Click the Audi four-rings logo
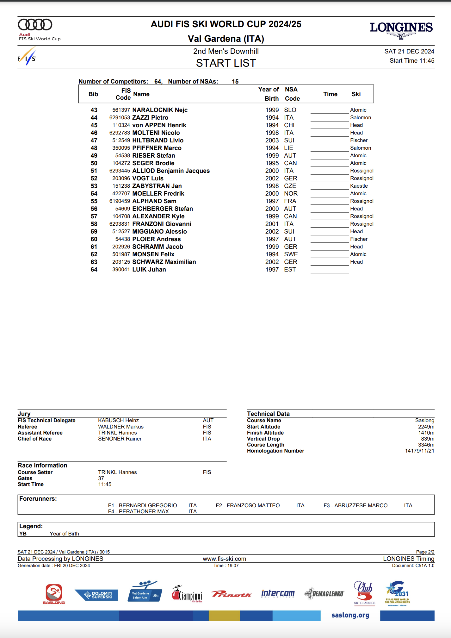pyautogui.click(x=35, y=25)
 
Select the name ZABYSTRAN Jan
pyautogui.click(x=157, y=186)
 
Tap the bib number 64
pyautogui.click(x=94, y=270)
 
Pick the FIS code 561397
pyautogui.click(x=121, y=110)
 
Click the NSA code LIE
pyautogui.click(x=288, y=148)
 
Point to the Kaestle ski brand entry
pyautogui.click(x=359, y=186)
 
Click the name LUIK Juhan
pyautogui.click(x=149, y=270)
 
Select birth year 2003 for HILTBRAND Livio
pyautogui.click(x=272, y=141)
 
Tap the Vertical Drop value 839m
pyautogui.click(x=428, y=439)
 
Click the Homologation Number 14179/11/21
pyautogui.click(x=419, y=451)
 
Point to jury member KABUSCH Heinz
pyautogui.click(x=118, y=421)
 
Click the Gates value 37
pyautogui.click(x=101, y=478)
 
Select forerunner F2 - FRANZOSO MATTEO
pyautogui.click(x=248, y=506)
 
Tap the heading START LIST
pyautogui.click(x=226, y=63)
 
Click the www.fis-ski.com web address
pyautogui.click(x=224, y=559)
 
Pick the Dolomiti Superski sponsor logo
pyautogui.click(x=96, y=595)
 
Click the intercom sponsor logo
pyautogui.click(x=278, y=594)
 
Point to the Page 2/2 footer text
pyautogui.click(x=425, y=552)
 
